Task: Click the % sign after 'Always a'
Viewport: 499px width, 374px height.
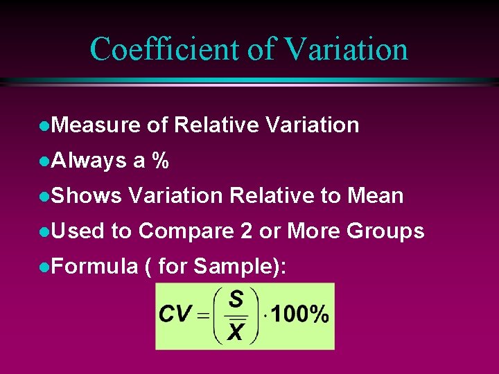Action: (161, 161)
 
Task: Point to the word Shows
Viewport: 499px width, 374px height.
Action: (87, 196)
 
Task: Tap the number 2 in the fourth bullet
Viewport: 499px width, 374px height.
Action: (246, 231)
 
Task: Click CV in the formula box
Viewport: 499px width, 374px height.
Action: (175, 315)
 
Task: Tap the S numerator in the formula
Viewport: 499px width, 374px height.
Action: (236, 299)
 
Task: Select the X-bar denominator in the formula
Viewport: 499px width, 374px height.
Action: (236, 332)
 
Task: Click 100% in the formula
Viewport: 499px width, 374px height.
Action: (299, 315)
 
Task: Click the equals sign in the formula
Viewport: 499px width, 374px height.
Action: (203, 316)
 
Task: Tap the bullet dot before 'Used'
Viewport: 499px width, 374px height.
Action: (44, 231)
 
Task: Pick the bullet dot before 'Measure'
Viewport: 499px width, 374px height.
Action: (44, 126)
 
